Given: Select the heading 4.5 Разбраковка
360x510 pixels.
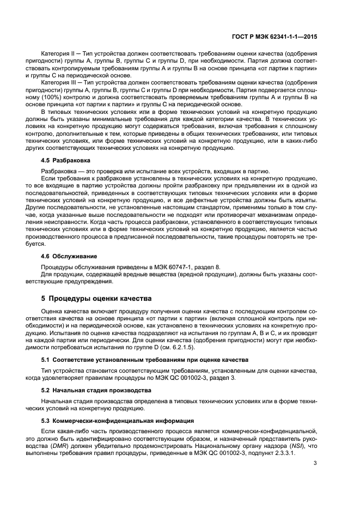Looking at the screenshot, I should [67, 161].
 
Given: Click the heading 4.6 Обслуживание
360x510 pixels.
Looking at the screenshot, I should [70, 255].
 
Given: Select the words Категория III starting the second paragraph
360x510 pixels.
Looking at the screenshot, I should [59, 82].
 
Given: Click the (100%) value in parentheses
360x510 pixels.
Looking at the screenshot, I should [54, 96].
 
